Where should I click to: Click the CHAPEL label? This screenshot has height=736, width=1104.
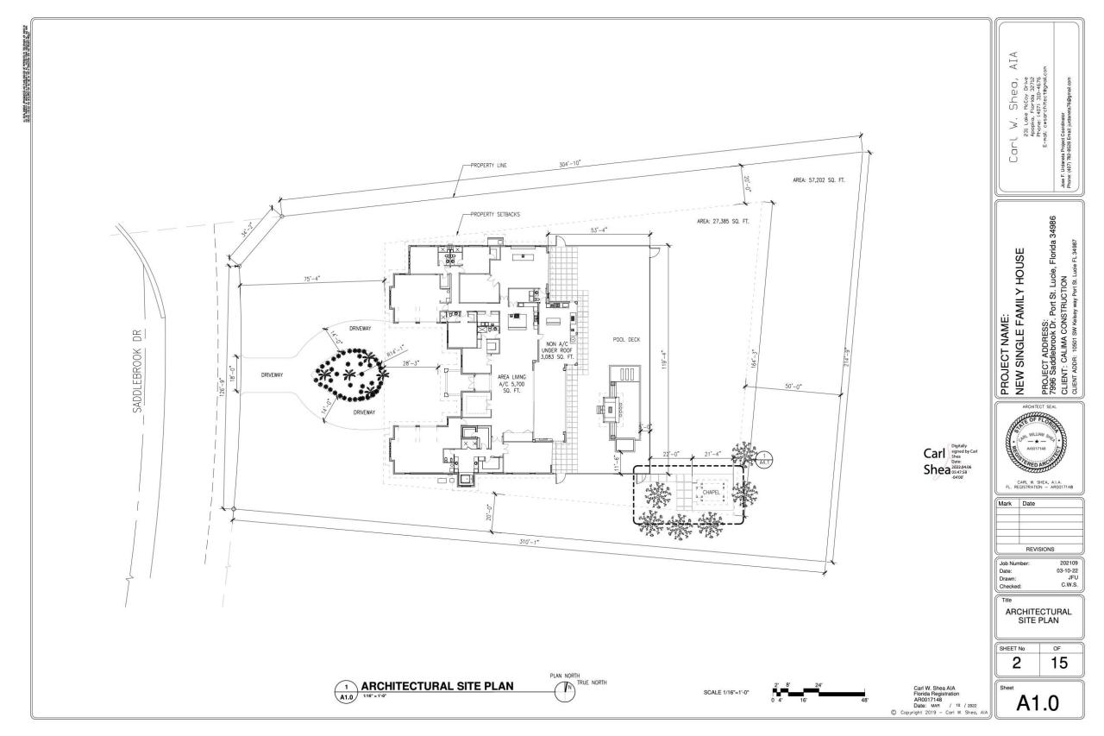(x=711, y=494)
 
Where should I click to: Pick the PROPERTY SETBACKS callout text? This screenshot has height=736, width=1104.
(x=495, y=214)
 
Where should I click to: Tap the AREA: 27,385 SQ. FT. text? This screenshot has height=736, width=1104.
(x=723, y=222)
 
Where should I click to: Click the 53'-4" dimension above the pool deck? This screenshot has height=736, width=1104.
(x=600, y=230)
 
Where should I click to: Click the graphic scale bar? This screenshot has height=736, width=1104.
(x=819, y=692)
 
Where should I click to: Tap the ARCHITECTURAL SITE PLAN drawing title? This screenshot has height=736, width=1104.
(x=437, y=687)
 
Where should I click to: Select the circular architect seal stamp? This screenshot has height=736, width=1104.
(x=1038, y=442)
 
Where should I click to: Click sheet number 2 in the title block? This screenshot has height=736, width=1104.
(x=1017, y=663)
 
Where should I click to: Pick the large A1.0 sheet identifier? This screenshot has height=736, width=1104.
(x=1038, y=704)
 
